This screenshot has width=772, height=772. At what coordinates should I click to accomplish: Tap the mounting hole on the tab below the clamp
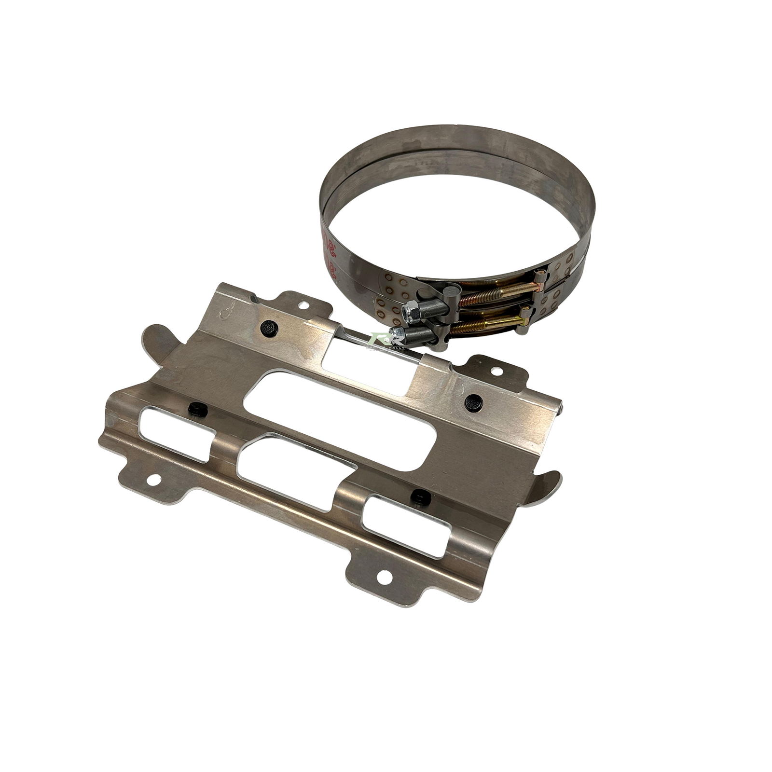coord(496,372)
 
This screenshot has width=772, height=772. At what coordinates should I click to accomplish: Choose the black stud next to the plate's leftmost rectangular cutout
coord(197,409)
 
